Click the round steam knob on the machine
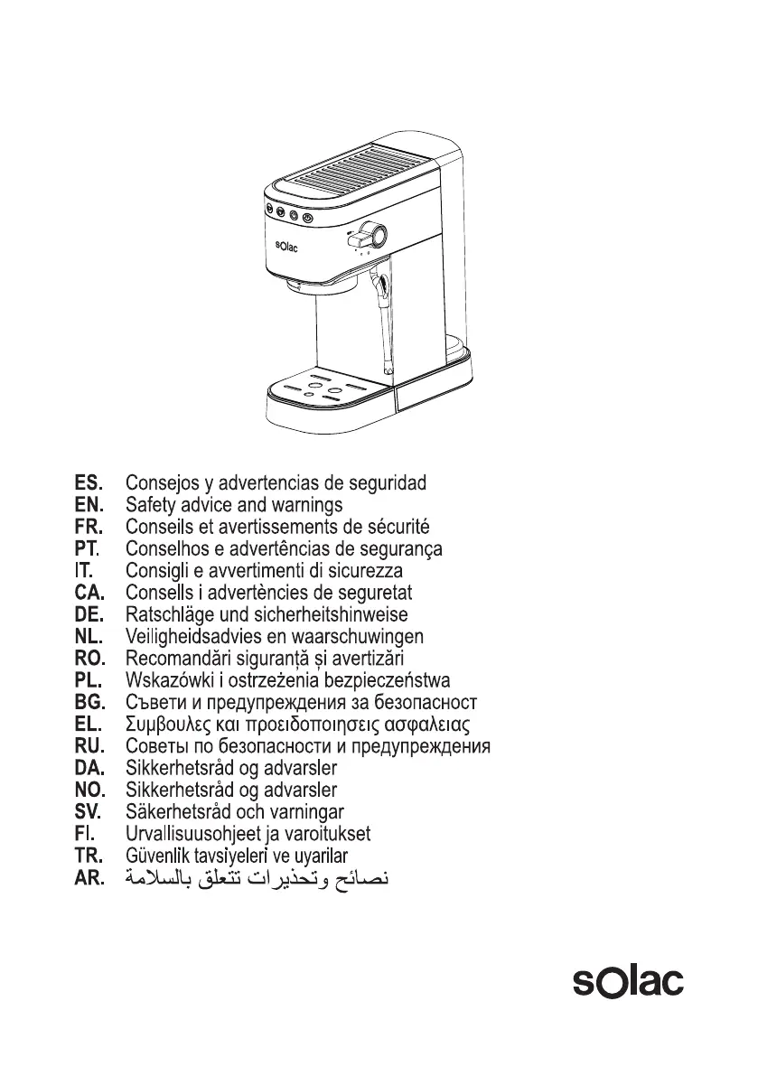pos(374,235)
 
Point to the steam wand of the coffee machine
pos(385,321)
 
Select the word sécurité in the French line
pos(398,526)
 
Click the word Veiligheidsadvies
pos(192,637)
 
